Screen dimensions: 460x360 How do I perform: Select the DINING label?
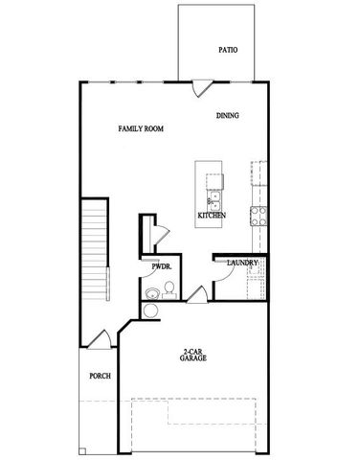click(x=227, y=116)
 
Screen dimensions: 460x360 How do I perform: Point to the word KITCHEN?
click(x=211, y=216)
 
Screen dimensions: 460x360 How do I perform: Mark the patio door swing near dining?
click(x=199, y=89)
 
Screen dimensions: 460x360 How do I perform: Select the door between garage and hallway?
click(x=198, y=294)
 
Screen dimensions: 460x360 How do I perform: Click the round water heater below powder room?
click(x=150, y=310)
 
